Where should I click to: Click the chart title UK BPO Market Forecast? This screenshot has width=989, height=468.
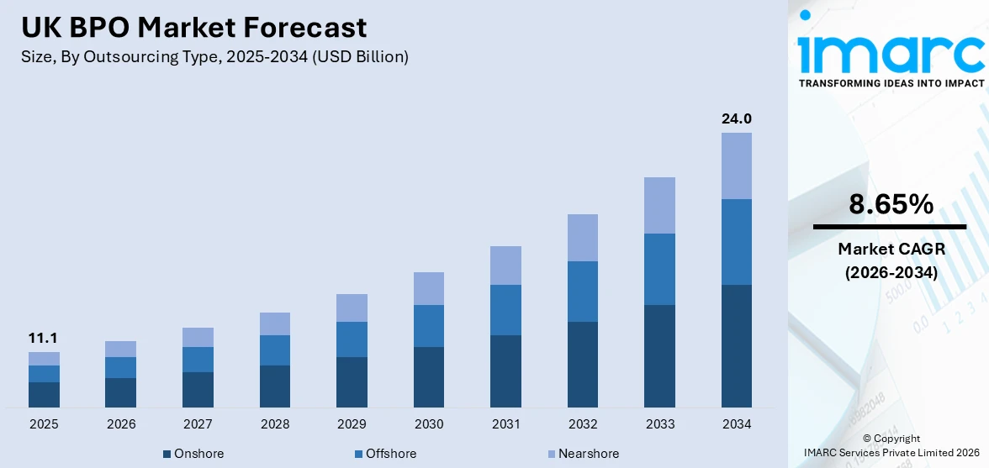194,28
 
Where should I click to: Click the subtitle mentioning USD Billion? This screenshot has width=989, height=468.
214,57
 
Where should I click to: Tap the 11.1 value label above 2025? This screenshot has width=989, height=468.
44,338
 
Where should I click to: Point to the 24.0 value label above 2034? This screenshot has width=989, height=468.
736,118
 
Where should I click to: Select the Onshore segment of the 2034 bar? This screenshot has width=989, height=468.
736,346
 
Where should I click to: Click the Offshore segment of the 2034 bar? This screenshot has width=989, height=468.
736,242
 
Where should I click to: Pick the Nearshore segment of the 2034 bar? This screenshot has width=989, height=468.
736,166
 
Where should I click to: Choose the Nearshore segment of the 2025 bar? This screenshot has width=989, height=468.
44,359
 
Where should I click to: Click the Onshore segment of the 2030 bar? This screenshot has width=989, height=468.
429,377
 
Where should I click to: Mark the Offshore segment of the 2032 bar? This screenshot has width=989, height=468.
583,292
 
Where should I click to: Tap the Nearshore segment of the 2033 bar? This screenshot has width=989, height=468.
659,205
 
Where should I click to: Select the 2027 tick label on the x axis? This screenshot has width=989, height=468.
198,424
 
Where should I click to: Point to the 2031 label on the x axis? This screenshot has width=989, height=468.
505,424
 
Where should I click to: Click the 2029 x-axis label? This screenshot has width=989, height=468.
352,424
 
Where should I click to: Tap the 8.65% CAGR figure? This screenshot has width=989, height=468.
891,204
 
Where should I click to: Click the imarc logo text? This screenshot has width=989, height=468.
891,52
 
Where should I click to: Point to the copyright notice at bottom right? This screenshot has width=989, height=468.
891,445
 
